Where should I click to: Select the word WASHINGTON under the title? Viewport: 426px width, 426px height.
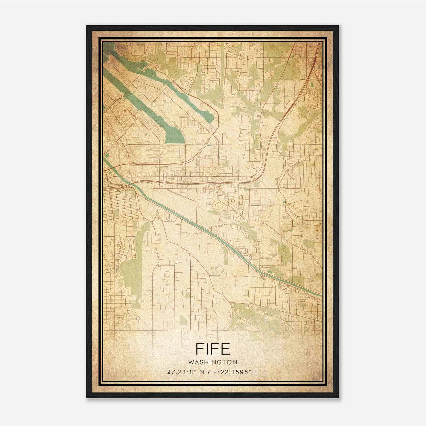coord(213,362)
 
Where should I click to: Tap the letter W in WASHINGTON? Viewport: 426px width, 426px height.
coord(191,362)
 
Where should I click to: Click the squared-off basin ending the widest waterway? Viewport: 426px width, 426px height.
coord(175,136)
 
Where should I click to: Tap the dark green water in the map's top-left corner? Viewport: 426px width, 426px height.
coord(108,49)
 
